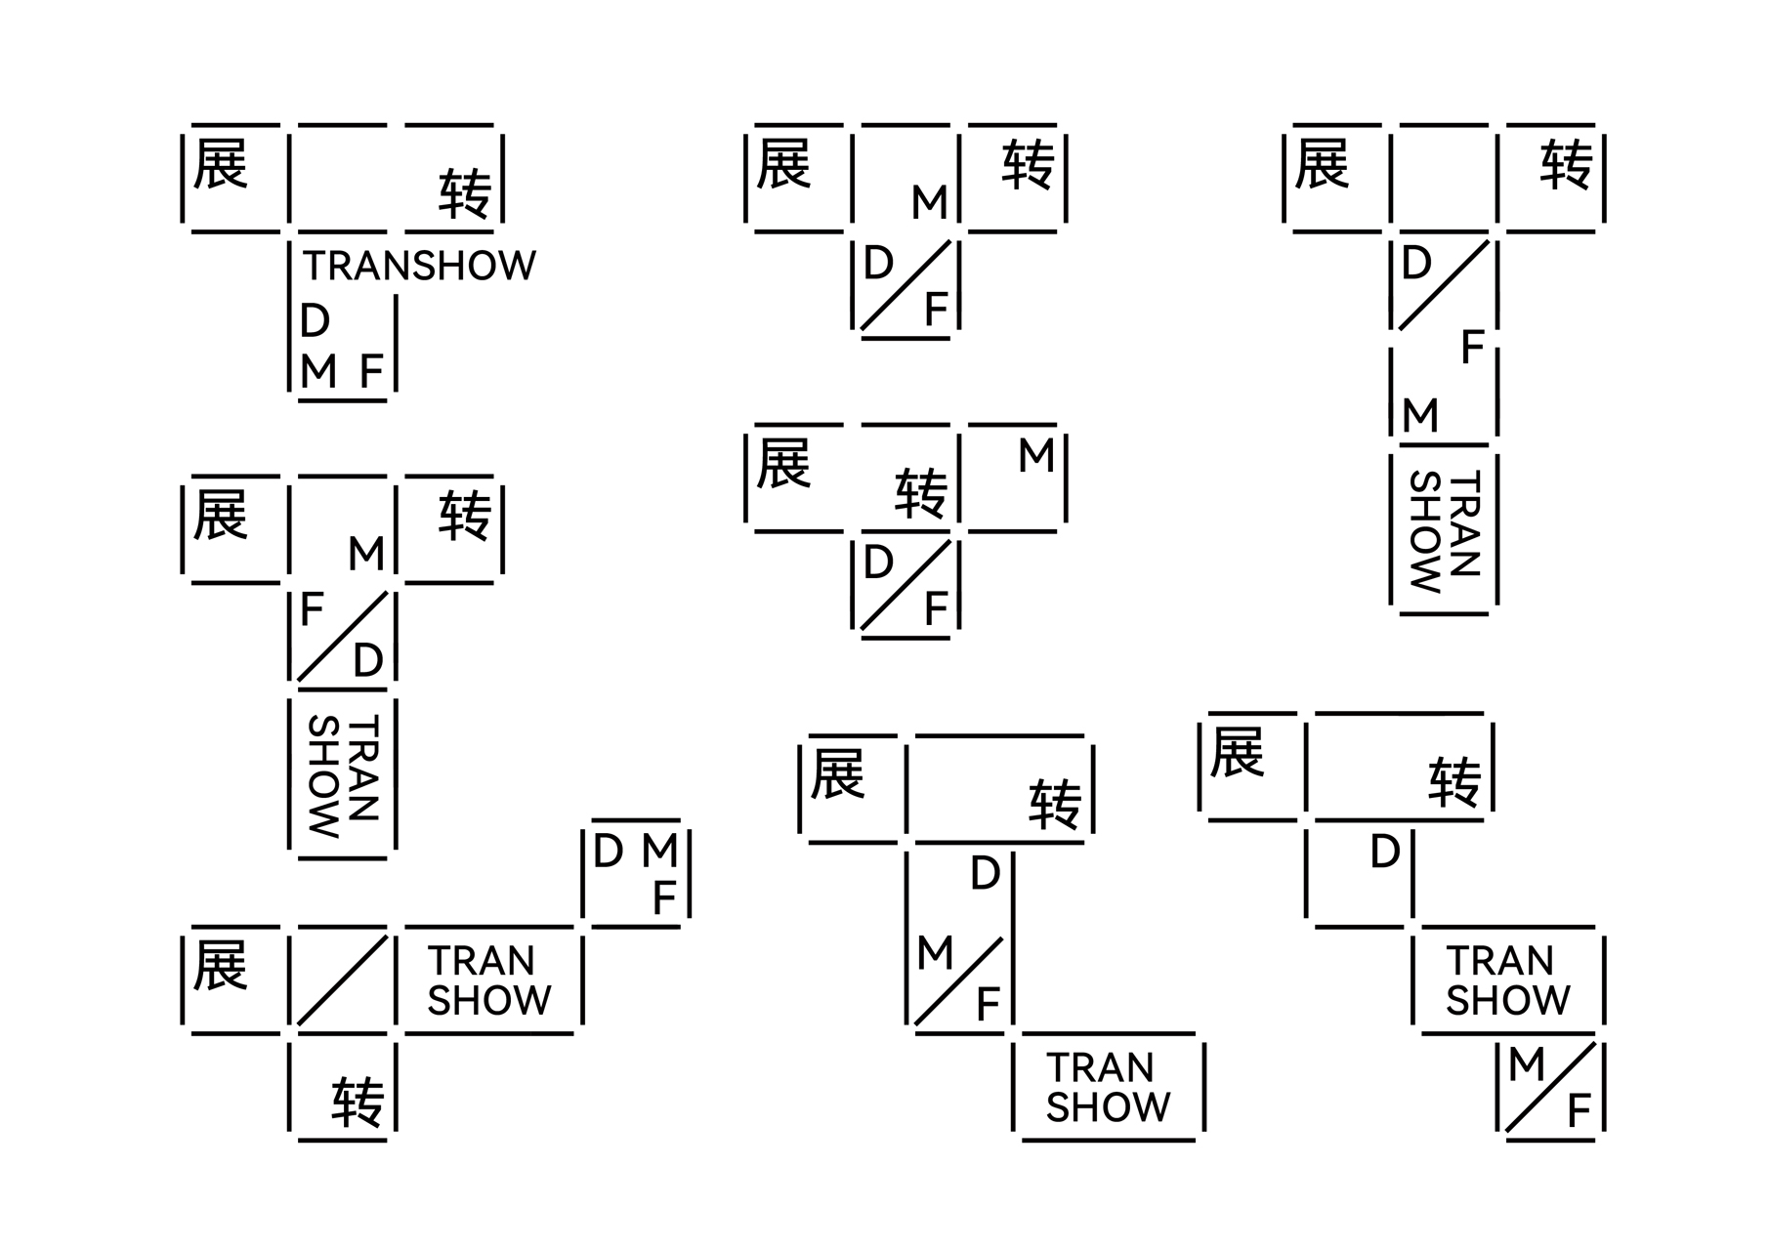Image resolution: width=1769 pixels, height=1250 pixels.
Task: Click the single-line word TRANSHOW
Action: click(419, 266)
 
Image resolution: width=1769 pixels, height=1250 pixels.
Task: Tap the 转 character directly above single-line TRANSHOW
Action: click(465, 193)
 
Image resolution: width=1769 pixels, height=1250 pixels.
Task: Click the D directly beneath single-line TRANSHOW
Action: click(315, 320)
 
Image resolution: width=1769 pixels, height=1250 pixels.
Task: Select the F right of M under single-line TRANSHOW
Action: click(371, 372)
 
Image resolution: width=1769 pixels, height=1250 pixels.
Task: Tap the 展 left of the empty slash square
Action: click(221, 965)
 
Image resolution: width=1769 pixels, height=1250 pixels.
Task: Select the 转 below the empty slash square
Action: click(358, 1102)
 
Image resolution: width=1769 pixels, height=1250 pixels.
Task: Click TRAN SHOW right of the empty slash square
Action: click(489, 981)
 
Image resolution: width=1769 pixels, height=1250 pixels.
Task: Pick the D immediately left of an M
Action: click(608, 852)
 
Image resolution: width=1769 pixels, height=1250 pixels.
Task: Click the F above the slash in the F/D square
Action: click(312, 610)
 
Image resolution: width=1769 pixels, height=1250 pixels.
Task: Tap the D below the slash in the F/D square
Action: click(368, 661)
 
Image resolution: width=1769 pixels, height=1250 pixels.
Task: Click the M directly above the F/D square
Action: click(366, 555)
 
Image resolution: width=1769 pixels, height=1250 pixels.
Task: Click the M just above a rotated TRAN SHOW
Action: click(1420, 416)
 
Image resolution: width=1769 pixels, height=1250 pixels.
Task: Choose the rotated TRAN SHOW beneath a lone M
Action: click(1445, 532)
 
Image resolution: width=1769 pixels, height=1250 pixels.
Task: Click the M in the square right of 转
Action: click(1036, 456)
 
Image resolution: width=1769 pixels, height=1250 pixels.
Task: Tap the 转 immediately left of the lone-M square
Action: click(921, 493)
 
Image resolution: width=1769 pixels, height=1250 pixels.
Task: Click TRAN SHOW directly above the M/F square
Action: click(1507, 981)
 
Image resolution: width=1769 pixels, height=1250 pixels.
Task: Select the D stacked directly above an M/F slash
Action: click(985, 874)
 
